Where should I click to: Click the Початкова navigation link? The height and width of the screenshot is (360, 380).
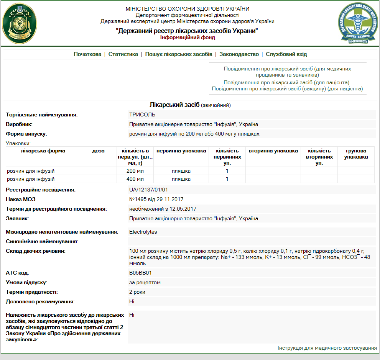[87, 54]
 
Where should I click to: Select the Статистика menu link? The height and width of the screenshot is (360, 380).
[123, 54]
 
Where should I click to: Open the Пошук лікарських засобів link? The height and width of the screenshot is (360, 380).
[179, 54]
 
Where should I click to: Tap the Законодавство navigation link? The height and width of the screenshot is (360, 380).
[239, 54]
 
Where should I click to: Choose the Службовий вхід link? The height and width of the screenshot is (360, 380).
[286, 54]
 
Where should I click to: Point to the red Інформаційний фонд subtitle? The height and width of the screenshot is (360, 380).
[188, 38]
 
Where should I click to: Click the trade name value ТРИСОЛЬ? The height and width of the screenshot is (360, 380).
[142, 115]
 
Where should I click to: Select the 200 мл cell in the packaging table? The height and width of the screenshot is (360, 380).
[135, 171]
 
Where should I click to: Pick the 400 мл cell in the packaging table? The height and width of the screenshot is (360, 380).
[135, 179]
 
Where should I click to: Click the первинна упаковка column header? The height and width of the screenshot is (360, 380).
[181, 151]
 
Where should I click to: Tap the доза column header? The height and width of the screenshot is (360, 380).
[98, 151]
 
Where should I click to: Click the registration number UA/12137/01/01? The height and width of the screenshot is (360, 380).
[149, 190]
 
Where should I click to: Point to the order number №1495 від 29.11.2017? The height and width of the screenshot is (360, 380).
[156, 199]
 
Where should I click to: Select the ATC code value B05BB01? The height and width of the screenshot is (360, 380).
[141, 273]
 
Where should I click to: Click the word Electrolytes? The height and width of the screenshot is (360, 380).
[143, 232]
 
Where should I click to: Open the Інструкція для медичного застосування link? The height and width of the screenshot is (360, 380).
[327, 348]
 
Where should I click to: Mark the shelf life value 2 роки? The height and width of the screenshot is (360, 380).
[137, 292]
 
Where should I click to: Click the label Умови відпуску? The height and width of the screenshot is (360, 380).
[26, 282]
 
